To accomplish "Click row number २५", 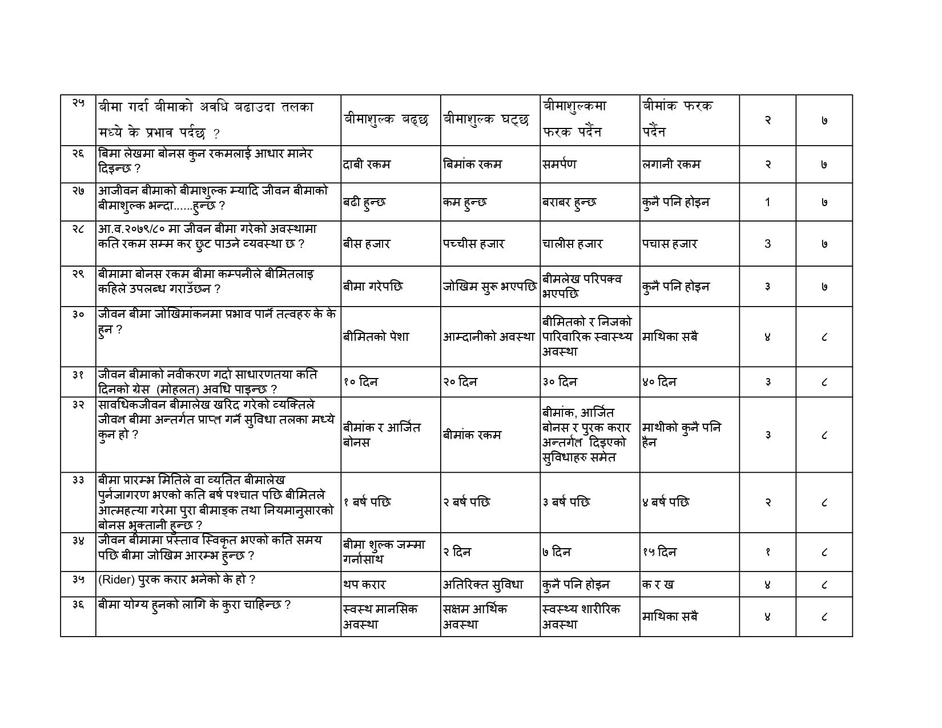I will [78, 103].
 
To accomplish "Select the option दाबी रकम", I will [367, 164].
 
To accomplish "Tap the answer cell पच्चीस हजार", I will [473, 244].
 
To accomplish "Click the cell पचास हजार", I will [670, 244].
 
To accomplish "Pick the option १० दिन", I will [361, 382].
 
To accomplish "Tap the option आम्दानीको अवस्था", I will [489, 337].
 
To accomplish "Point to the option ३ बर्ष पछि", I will [566, 502].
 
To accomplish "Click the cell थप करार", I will [365, 585].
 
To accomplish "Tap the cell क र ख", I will [658, 585].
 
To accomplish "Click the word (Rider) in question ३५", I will [115, 580].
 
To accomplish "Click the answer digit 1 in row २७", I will [767, 202].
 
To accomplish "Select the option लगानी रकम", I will [671, 164].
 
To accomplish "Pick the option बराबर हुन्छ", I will [570, 202].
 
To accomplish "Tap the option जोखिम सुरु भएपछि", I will [489, 287].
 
